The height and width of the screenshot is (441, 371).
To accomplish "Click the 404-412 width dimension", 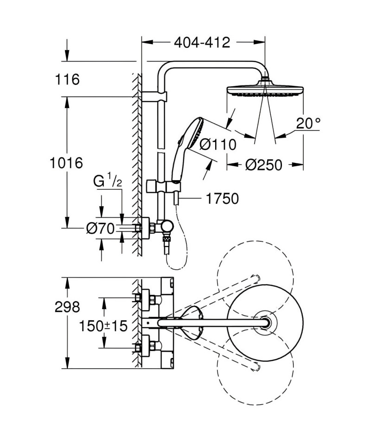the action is (202, 42).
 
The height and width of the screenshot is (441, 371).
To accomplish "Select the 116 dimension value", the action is (67, 79).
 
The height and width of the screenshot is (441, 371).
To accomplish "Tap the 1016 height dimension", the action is (66, 163).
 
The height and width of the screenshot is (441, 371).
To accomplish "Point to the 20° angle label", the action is (308, 123).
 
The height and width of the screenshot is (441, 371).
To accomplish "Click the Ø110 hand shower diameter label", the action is (218, 145).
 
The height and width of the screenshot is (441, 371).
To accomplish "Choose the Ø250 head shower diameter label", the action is (263, 165).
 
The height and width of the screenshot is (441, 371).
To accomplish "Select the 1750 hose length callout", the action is (222, 199).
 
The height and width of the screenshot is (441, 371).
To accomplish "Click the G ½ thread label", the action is (108, 182).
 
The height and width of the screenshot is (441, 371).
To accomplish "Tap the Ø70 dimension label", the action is (101, 228).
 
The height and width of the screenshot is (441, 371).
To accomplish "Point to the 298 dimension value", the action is (67, 307).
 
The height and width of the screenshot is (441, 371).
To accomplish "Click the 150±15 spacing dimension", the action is (103, 326).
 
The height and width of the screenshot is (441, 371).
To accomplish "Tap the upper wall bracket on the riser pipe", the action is (154, 97).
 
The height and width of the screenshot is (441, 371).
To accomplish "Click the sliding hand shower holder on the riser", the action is (164, 187).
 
